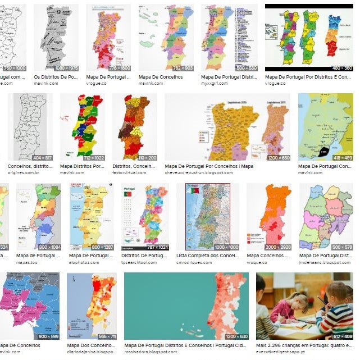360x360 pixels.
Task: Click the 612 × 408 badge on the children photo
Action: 342,336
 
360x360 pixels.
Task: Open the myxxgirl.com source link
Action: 216,83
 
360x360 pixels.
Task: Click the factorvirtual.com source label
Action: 129,172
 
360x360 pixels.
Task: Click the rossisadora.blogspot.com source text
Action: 148,352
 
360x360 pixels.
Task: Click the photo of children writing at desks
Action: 304,306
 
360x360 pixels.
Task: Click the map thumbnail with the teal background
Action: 186,306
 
